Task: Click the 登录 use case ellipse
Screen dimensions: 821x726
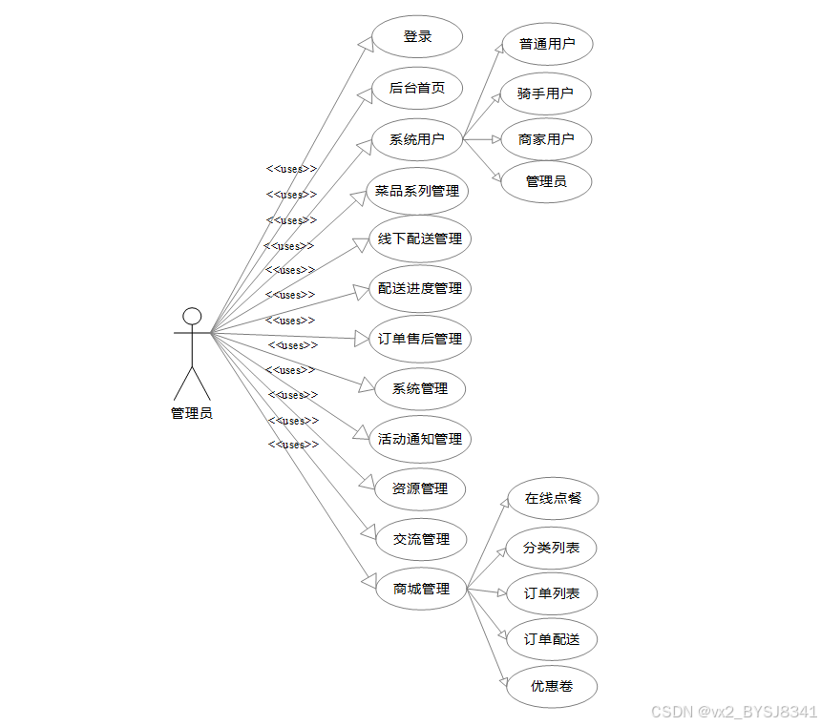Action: click(417, 37)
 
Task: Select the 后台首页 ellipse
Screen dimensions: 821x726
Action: click(417, 89)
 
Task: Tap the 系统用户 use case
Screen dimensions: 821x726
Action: click(417, 140)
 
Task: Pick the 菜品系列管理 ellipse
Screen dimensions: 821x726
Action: click(417, 191)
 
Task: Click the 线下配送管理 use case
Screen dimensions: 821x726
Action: click(420, 239)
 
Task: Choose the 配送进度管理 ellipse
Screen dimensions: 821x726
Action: click(420, 289)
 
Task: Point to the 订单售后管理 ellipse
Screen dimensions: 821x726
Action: click(420, 339)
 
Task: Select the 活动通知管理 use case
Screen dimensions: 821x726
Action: click(420, 440)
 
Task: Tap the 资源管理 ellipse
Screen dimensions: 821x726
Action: click(420, 489)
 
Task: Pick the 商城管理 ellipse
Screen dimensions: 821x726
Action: click(421, 589)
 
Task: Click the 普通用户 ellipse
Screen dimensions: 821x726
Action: click(547, 44)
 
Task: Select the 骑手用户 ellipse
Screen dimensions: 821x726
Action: click(545, 93)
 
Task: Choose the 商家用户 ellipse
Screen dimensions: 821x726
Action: click(546, 139)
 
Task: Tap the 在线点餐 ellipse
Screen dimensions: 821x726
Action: click(552, 499)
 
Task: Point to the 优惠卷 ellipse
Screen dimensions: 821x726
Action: click(552, 686)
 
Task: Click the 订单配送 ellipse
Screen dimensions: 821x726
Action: click(552, 639)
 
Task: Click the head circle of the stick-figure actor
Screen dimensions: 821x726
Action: click(192, 316)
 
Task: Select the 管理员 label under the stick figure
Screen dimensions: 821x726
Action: click(192, 413)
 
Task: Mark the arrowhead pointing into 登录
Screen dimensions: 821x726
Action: click(364, 45)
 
